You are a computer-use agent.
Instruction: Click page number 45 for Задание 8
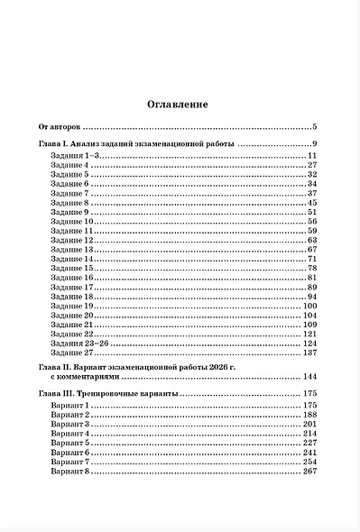[x=312, y=203]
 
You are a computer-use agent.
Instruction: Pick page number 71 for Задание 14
[x=312, y=260]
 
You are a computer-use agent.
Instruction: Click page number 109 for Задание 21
[x=310, y=325]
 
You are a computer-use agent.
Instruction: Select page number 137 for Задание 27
[x=310, y=353]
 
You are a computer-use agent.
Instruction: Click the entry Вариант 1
[x=70, y=406]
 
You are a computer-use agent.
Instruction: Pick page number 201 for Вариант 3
[x=310, y=425]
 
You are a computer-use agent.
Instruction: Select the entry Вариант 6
[x=70, y=453]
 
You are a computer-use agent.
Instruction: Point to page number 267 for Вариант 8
[x=310, y=472]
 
